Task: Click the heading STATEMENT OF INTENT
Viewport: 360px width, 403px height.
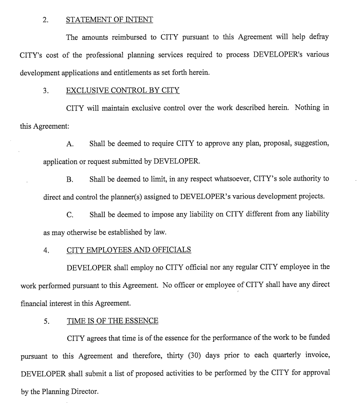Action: pyautogui.click(x=109, y=20)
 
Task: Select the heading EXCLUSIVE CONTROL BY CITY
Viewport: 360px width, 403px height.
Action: pyautogui.click(x=123, y=90)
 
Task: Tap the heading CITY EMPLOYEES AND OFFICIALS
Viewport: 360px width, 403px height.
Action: pyautogui.click(x=129, y=250)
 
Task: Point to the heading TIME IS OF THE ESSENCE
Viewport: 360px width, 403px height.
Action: pyautogui.click(x=112, y=321)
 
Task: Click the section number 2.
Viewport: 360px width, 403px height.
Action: pyautogui.click(x=45, y=20)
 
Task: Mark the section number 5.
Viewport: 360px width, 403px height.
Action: pyautogui.click(x=46, y=322)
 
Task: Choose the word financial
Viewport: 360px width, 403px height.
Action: pyautogui.click(x=36, y=303)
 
